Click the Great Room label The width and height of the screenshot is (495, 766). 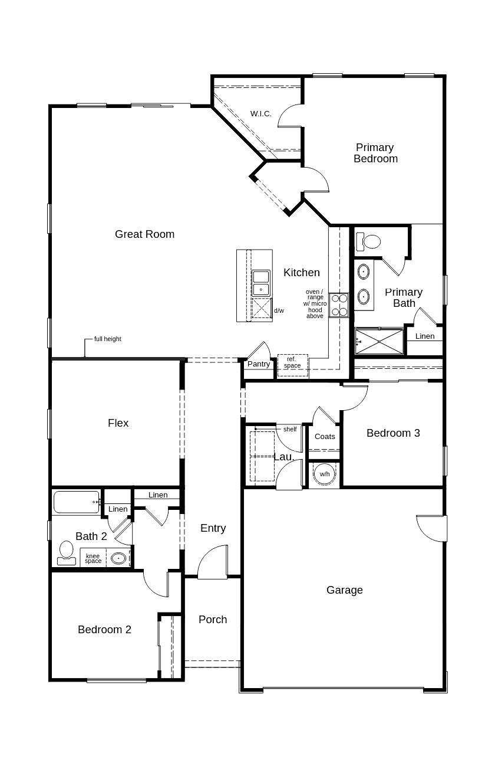pos(144,234)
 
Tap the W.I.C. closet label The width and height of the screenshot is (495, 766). pos(261,113)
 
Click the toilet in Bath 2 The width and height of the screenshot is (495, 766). pos(66,553)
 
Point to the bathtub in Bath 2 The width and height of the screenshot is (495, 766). pos(77,502)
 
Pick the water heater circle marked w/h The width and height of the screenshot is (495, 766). pos(325,474)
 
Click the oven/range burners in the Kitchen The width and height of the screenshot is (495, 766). pos(339,305)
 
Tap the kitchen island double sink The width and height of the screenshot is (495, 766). pos(261,283)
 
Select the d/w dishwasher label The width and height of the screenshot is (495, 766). pos(279,310)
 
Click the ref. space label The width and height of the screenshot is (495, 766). pos(292,362)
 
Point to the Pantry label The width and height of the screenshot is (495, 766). pos(259,364)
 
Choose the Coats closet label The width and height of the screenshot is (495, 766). pos(325,436)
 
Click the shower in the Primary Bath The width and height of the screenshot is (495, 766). pos(379,341)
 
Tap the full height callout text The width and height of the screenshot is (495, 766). pos(107,339)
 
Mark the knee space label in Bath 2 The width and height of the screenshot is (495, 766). pos(93,558)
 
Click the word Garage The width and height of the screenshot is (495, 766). pos(345,590)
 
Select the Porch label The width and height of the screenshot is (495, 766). pos(213,619)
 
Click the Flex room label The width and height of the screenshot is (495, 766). pos(118,423)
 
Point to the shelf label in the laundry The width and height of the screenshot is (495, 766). pos(290,429)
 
